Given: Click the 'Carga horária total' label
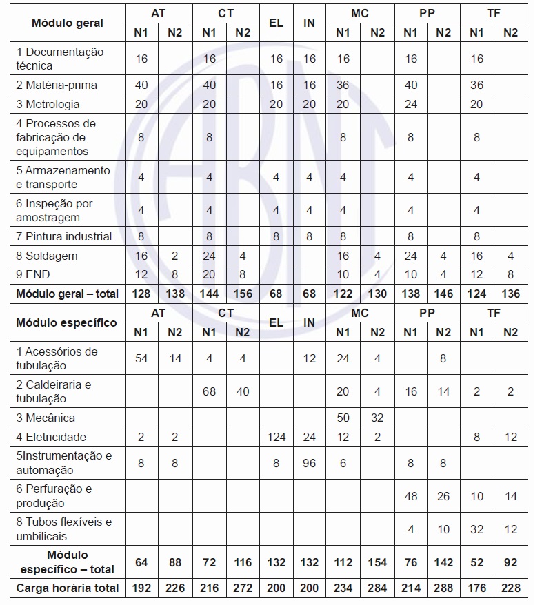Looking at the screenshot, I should (68, 588).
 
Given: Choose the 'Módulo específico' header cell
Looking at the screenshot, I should (66, 322).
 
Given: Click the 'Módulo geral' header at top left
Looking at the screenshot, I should (68, 23).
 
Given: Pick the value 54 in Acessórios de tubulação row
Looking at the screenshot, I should (141, 358).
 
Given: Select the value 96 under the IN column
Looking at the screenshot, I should (309, 463).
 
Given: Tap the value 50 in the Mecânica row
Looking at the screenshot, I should (343, 418).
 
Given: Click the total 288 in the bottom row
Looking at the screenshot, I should (443, 588).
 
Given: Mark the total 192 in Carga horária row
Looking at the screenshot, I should (141, 588).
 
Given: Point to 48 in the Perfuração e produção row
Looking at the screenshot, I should (410, 496).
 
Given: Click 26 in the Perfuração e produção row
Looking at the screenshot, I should (443, 496).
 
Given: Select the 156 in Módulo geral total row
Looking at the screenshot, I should (243, 294).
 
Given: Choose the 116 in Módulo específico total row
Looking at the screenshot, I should (243, 563).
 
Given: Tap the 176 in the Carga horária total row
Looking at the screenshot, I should (476, 588).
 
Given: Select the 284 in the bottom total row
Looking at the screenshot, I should (377, 588).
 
